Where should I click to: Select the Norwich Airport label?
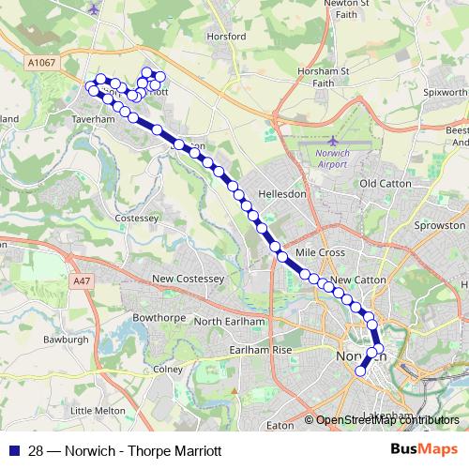click(x=331, y=157)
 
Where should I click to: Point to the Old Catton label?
click(x=386, y=184)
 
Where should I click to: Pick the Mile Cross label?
click(x=320, y=253)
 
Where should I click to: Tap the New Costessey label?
click(x=185, y=280)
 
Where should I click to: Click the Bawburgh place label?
click(x=66, y=338)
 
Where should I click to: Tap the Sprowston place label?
click(x=439, y=226)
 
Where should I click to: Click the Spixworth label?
click(x=444, y=94)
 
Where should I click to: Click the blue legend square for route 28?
click(x=12, y=450)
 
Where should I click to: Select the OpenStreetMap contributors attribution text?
click(x=386, y=420)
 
